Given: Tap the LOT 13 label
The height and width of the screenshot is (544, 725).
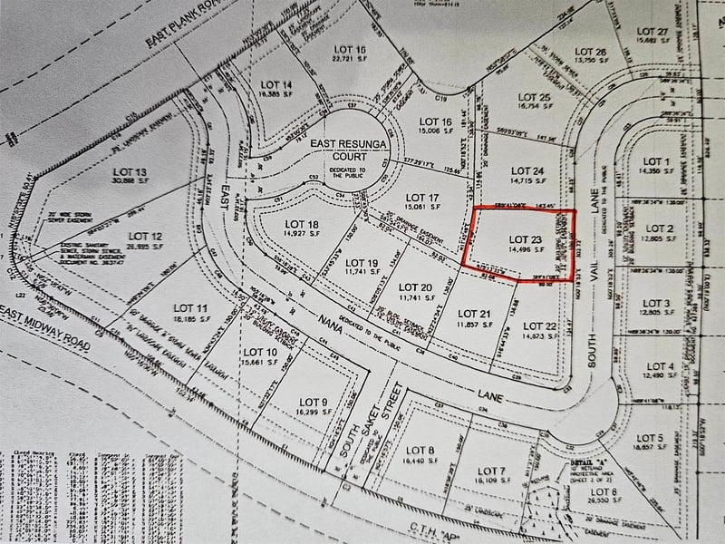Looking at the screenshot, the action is click(x=128, y=171).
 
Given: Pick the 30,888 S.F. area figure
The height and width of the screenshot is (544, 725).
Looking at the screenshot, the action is click(x=128, y=181).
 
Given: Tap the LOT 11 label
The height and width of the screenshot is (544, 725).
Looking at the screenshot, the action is click(x=189, y=309).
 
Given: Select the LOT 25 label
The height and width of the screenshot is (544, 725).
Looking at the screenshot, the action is click(x=532, y=97).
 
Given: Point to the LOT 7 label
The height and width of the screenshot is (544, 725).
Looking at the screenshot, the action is click(x=489, y=471).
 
